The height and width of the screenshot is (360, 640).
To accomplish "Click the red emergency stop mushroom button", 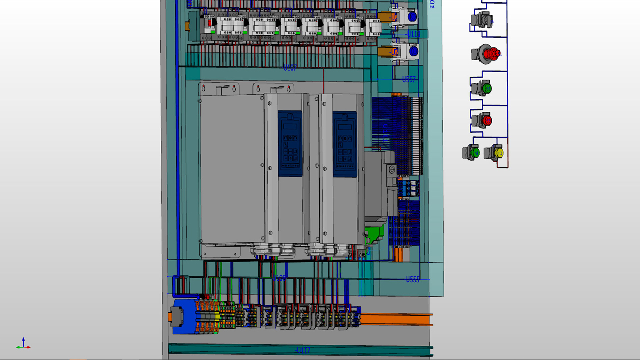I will coord(489,53).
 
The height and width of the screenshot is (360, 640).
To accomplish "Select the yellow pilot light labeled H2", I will coord(498,152).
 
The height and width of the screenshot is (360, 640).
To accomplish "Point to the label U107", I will coord(290,68).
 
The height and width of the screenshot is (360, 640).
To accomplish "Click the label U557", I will coord(409,79).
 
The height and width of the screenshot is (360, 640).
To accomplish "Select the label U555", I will coord(412,280).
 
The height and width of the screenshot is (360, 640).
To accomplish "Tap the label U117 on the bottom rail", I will coord(303,350).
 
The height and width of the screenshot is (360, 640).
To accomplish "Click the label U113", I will coord(414,34).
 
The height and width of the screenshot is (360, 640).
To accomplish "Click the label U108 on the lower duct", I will coord(279,278).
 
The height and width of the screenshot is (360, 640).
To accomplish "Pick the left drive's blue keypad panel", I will coord(290,143).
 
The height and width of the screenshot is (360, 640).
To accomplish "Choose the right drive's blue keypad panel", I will coord(345,143).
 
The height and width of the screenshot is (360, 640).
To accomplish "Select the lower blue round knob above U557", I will coord(413,51).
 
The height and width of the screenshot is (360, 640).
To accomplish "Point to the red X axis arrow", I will coord(28,347).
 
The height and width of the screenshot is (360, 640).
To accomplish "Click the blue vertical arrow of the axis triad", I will coord(23,341).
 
